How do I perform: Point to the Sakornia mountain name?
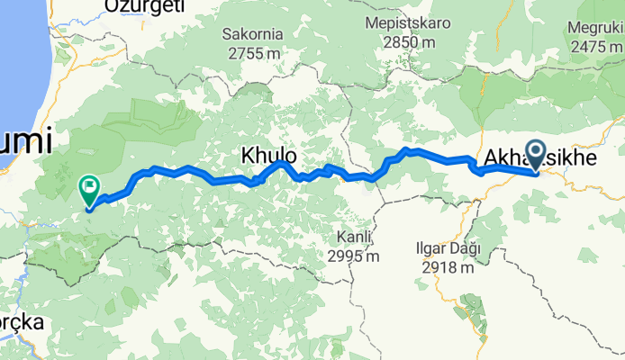252,34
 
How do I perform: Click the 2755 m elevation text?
252,53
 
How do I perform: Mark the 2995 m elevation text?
354,256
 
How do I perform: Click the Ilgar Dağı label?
448,248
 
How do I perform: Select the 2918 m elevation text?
448,267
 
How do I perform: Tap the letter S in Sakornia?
226,34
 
